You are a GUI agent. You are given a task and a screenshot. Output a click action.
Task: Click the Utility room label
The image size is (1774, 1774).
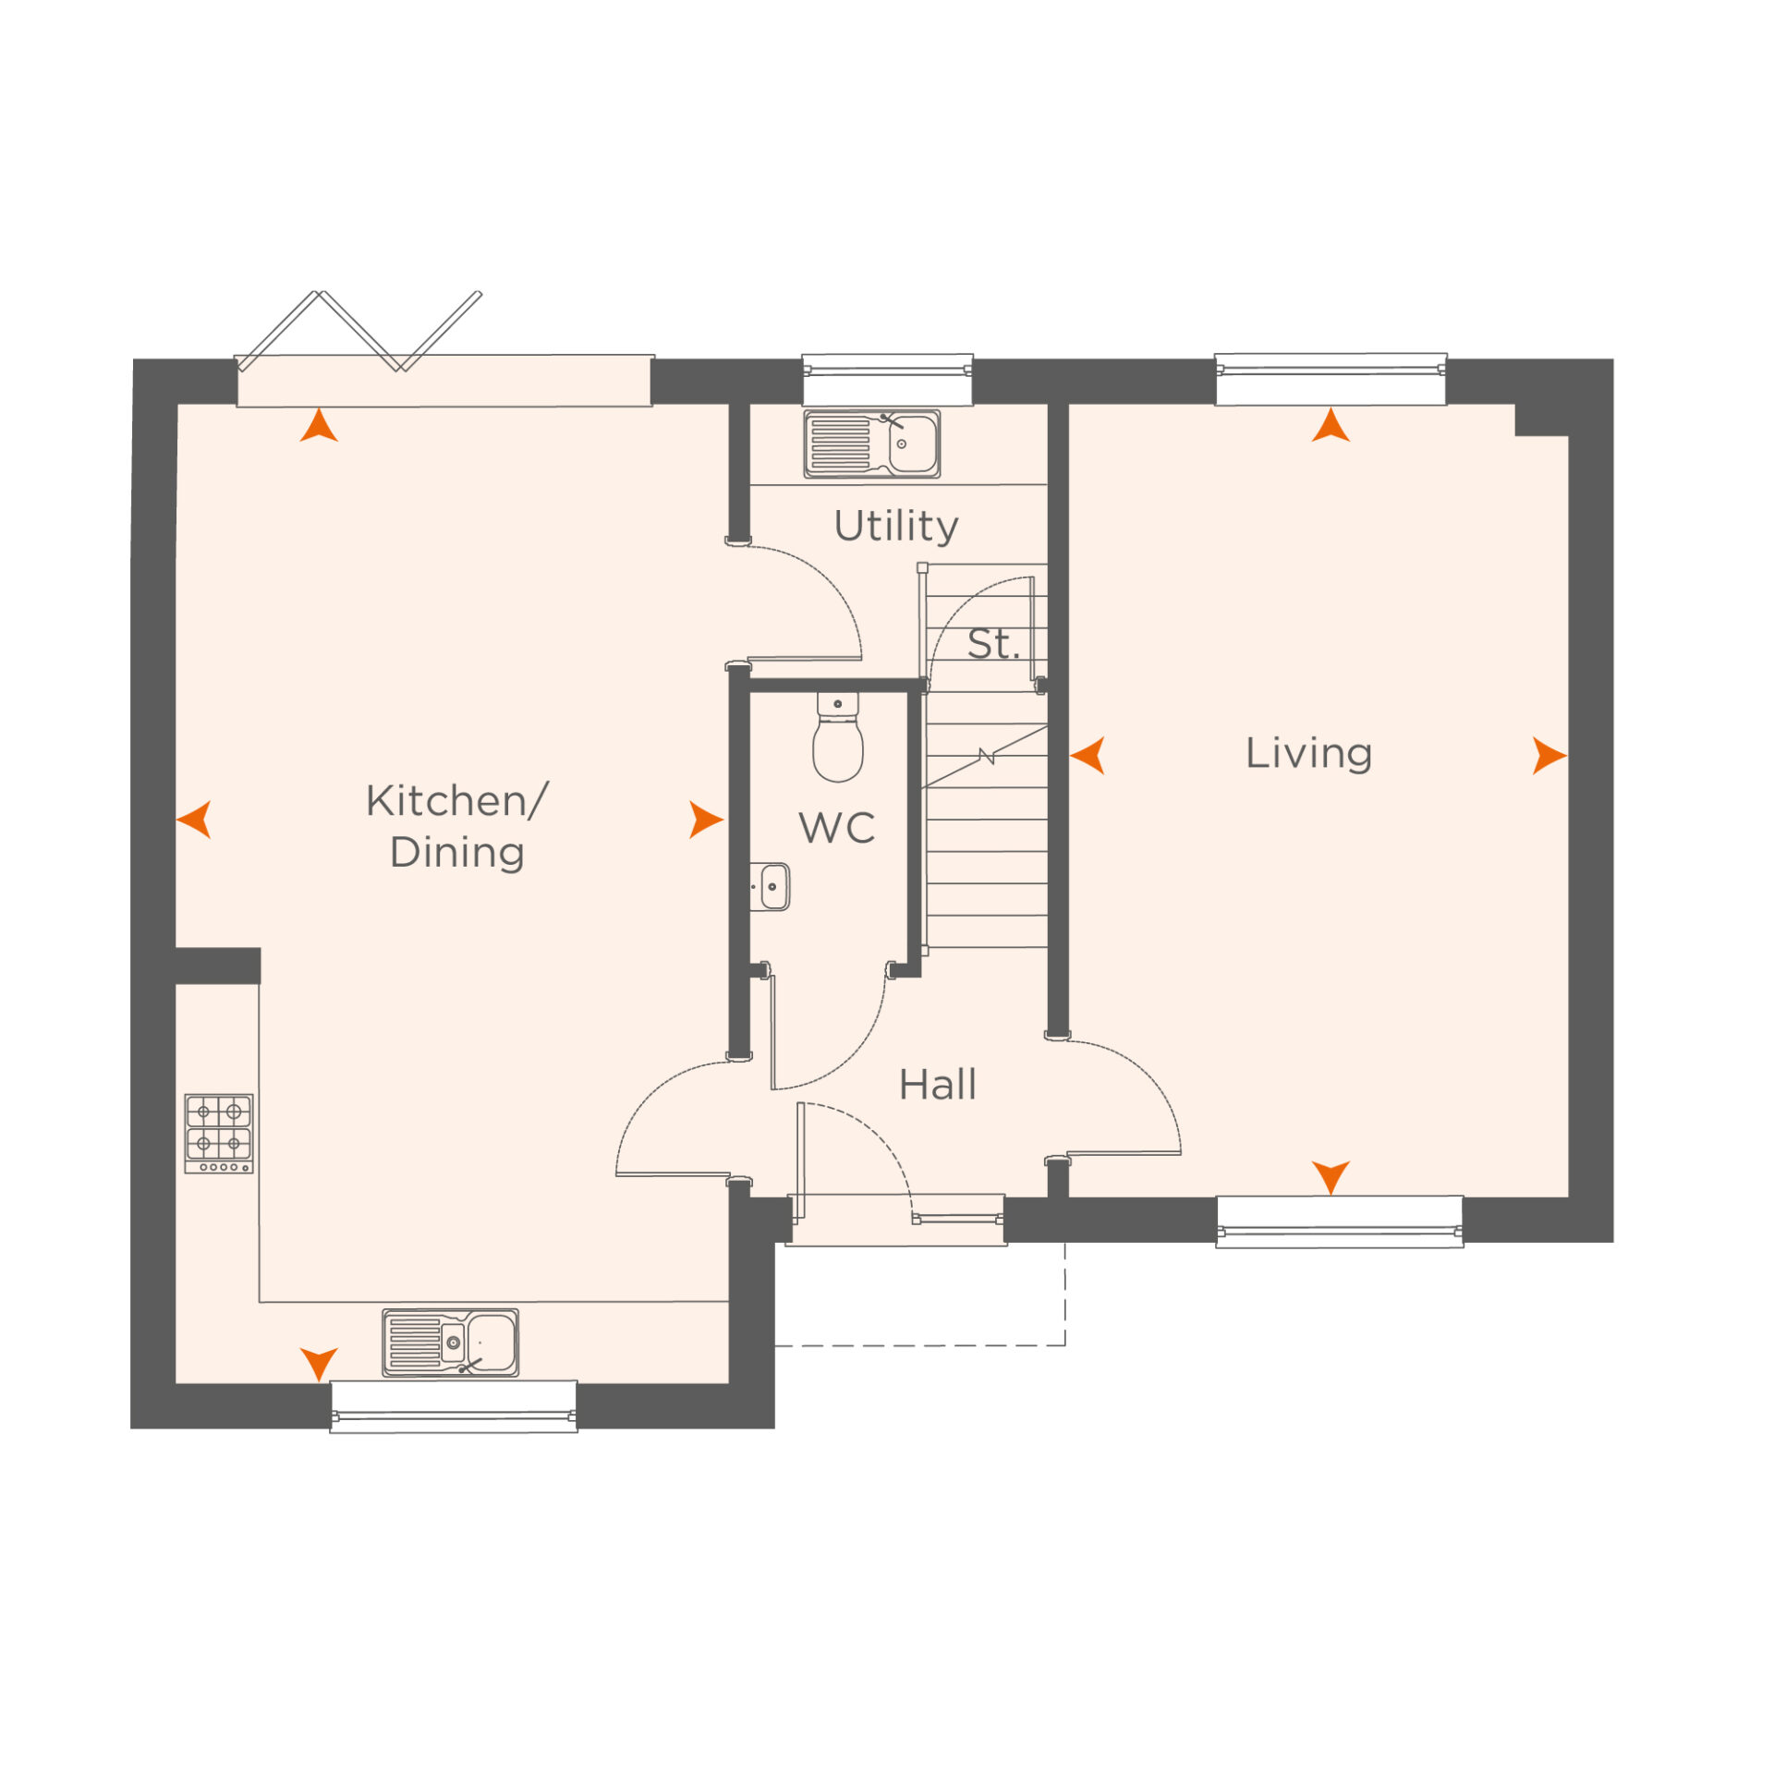point(895,527)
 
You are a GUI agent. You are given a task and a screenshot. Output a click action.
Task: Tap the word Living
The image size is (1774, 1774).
point(1308,753)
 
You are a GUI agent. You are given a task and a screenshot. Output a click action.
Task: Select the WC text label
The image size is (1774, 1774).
point(837,828)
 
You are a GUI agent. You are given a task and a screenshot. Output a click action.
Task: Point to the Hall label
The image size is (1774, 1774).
point(937,1085)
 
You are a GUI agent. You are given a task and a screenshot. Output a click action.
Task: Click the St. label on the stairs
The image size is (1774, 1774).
point(992,644)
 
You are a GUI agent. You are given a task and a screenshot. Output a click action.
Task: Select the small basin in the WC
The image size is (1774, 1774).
point(770,886)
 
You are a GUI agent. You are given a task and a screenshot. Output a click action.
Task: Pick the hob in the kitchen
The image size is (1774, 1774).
point(219,1134)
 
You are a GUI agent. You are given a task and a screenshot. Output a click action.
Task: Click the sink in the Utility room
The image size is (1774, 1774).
point(871,444)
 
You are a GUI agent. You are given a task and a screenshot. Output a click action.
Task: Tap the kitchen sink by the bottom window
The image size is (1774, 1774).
point(450,1343)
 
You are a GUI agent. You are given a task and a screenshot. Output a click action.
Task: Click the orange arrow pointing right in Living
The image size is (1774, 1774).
point(1549,755)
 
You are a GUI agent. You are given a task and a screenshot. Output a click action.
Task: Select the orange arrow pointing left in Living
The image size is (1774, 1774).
point(1087,755)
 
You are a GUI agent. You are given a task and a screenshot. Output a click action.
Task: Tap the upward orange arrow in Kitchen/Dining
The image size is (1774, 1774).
point(319,425)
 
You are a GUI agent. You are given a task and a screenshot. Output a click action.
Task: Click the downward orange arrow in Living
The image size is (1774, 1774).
point(1330,1177)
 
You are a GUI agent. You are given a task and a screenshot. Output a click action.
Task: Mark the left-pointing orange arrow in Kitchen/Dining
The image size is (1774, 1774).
point(194,820)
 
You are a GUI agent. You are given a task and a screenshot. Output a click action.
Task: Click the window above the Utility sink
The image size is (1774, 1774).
point(887,379)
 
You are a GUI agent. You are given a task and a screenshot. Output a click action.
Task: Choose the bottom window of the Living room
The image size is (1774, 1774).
point(1339,1222)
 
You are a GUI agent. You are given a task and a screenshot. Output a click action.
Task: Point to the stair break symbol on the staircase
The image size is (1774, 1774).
point(986,757)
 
